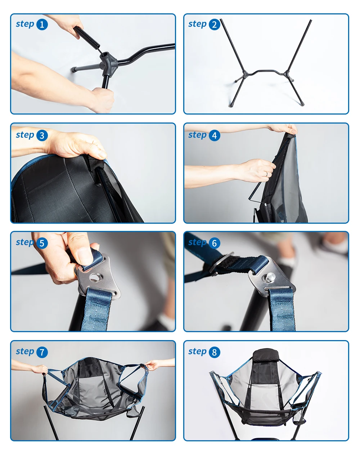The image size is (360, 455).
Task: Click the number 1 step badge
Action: click(x=42, y=24)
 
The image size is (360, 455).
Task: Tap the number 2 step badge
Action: click(x=215, y=24)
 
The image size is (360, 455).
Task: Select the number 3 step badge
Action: click(x=42, y=135)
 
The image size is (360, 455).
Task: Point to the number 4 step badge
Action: click(x=215, y=135)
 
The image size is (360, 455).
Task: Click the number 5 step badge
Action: click(x=42, y=243)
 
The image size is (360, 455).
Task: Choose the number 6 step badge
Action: click(x=215, y=243)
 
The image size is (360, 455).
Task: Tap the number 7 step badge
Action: click(x=42, y=352)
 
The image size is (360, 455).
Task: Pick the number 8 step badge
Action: click(x=215, y=352)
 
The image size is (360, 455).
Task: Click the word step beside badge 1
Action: click(x=25, y=24)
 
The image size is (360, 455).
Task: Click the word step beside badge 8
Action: click(x=197, y=352)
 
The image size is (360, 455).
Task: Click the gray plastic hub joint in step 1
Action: click(x=109, y=63)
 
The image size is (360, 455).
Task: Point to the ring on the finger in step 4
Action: click(x=267, y=174)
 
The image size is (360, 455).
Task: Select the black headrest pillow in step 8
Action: click(x=266, y=356)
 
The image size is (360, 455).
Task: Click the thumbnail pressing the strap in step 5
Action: click(x=85, y=256)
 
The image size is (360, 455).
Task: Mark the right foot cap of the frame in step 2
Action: click(x=302, y=104)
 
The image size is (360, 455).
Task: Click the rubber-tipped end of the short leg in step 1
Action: click(x=73, y=69)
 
